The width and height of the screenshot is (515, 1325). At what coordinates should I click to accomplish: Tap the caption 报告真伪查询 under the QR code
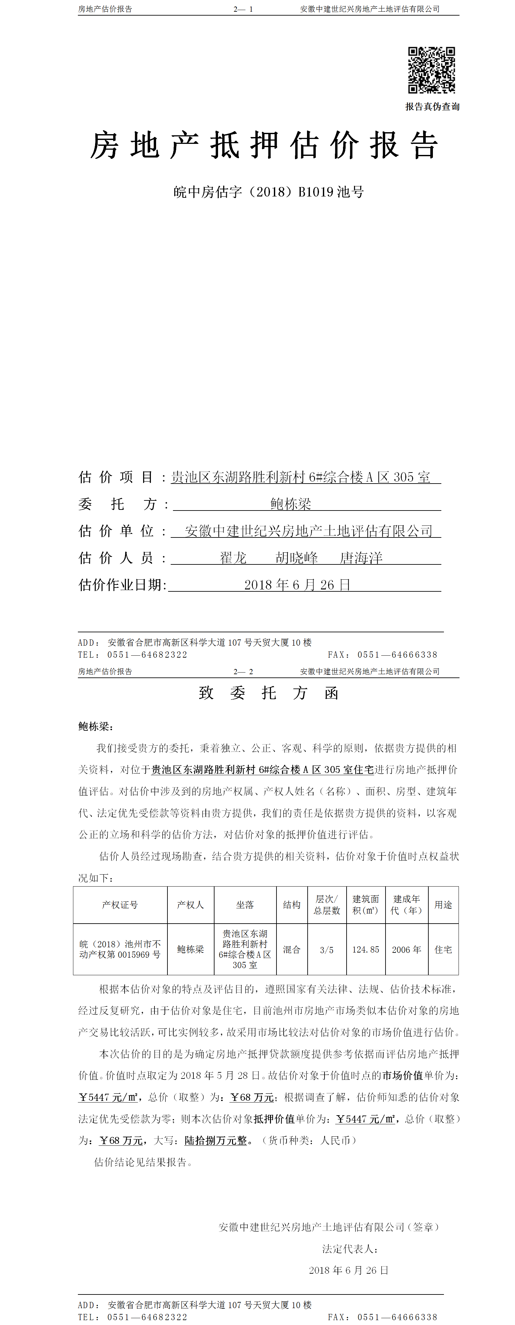pyautogui.click(x=432, y=107)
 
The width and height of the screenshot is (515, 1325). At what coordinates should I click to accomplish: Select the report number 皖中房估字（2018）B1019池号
pyautogui.click(x=268, y=192)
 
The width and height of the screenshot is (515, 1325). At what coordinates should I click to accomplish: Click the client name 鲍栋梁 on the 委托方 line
pyautogui.click(x=291, y=504)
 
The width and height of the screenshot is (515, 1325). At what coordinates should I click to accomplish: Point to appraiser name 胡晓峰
pyautogui.click(x=297, y=558)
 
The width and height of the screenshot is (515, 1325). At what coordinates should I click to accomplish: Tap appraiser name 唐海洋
pyautogui.click(x=361, y=558)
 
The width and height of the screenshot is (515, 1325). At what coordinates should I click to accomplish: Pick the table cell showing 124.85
pyautogui.click(x=365, y=950)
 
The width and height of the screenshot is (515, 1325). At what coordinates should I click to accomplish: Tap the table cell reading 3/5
pyautogui.click(x=327, y=950)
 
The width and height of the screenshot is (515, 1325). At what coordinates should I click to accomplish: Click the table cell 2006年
pyautogui.click(x=406, y=950)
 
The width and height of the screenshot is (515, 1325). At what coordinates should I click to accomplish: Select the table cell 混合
pyautogui.click(x=291, y=950)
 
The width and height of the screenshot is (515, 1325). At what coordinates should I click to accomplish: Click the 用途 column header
pyautogui.click(x=443, y=905)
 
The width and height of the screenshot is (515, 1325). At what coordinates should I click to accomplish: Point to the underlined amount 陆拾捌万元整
pyautogui.click(x=216, y=1140)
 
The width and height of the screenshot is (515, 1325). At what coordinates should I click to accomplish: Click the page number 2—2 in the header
pyautogui.click(x=243, y=672)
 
